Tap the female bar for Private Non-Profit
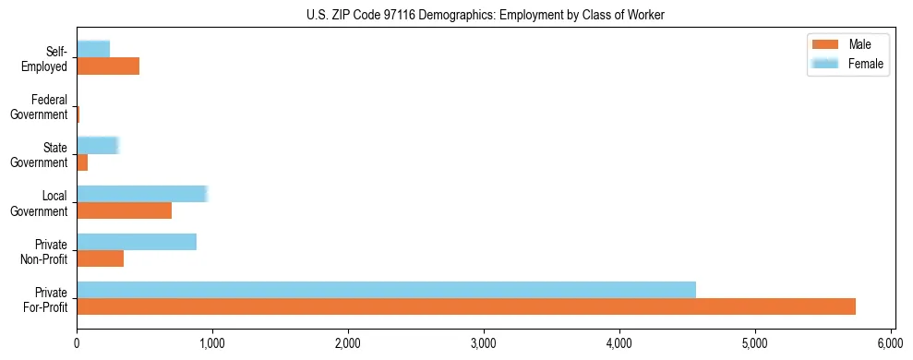(137, 242)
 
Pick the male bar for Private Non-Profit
(100, 258)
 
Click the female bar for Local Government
(142, 194)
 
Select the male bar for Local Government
(124, 210)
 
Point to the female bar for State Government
(98, 146)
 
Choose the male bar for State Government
(82, 162)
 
